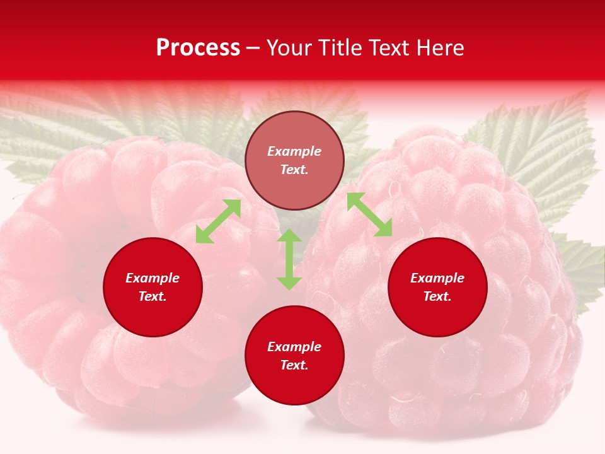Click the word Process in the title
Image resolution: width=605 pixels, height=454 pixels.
(198, 48)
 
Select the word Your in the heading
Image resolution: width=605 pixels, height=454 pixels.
(289, 48)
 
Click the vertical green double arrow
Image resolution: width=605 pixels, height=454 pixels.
(289, 259)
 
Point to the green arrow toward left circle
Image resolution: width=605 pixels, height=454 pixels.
(218, 221)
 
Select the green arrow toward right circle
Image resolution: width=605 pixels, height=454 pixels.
(370, 214)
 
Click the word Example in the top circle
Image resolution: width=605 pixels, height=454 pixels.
(294, 151)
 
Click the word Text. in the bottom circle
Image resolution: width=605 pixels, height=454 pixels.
(294, 365)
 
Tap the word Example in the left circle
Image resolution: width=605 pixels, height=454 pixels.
(153, 278)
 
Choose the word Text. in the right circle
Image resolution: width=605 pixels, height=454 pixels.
(437, 296)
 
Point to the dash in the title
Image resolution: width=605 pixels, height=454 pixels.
(253, 49)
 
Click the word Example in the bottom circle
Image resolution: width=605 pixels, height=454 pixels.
(294, 347)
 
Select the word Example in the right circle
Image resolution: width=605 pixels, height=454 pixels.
(437, 278)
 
